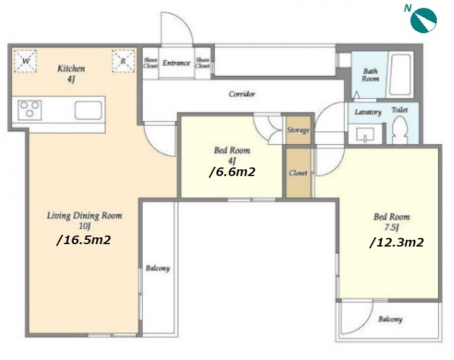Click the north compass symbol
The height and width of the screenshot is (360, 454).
click(423, 20)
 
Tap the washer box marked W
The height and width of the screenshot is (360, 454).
click(26, 61)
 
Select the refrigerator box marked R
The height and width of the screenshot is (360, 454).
click(123, 61)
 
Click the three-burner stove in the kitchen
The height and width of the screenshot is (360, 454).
click(29, 110)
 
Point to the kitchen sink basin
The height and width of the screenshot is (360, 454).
click(88, 110)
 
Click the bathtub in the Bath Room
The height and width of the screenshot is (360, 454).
click(401, 74)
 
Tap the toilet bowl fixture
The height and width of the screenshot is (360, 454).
click(400, 129)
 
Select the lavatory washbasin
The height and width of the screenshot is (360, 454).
click(365, 135)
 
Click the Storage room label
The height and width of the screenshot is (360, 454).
click(298, 130)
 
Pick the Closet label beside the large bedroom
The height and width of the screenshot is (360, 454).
click(298, 173)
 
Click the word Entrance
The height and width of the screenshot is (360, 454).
click(176, 63)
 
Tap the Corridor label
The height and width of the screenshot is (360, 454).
click(242, 94)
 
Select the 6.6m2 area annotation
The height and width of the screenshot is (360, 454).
click(232, 172)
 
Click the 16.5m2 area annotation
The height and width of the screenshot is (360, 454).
click(84, 240)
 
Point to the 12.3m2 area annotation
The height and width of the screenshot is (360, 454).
click(396, 242)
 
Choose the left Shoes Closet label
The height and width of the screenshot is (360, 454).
click(151, 63)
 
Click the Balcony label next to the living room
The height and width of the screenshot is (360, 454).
click(158, 269)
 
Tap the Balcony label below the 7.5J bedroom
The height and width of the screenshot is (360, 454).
click(390, 320)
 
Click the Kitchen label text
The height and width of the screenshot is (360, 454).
click(71, 69)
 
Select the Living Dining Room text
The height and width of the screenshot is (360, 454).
click(85, 216)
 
